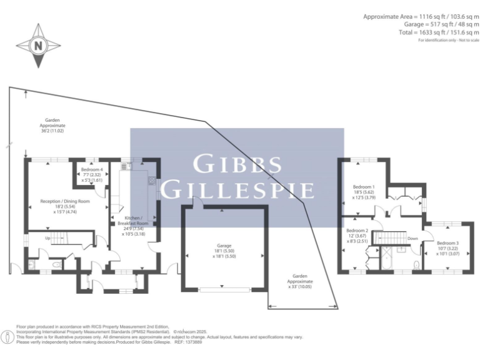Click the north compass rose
pyautogui.click(x=39, y=46)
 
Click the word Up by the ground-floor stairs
pyautogui.click(x=47, y=238)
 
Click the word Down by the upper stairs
pyautogui.click(x=412, y=238)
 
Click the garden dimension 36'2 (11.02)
pyautogui.click(x=52, y=131)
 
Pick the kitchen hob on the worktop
pyautogui.click(x=151, y=181)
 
